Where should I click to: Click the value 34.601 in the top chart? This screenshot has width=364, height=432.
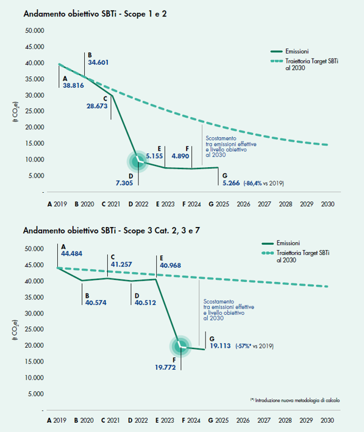click(98, 62)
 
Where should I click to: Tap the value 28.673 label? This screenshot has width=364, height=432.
click(97, 106)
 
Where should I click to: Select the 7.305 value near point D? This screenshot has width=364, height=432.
click(124, 183)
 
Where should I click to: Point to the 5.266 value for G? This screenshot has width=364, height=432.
click(231, 183)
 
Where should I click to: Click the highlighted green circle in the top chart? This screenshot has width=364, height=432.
click(138, 162)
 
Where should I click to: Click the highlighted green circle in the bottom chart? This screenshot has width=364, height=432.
click(180, 347)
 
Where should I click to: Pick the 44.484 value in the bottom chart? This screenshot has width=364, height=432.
click(71, 254)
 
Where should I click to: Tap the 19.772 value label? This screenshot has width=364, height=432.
click(165, 367)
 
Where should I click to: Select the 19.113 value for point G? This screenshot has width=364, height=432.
click(220, 346)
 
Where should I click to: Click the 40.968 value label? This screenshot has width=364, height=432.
click(171, 265)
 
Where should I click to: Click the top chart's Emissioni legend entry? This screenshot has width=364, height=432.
click(290, 51)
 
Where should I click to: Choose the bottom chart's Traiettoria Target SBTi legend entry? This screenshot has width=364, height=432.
click(296, 256)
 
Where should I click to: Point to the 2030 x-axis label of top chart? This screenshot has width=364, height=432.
click(327, 204)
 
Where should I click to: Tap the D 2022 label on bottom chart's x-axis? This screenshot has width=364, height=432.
click(138, 420)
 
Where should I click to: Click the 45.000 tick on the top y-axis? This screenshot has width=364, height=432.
click(35, 47)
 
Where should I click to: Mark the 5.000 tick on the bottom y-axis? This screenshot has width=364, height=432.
click(36, 394)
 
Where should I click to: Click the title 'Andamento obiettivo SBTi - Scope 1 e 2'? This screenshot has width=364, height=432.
click(95, 14)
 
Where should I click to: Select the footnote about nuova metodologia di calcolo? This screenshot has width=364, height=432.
click(295, 400)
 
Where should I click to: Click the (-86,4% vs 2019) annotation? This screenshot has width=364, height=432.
click(263, 183)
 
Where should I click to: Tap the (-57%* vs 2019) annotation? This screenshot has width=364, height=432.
click(254, 346)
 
